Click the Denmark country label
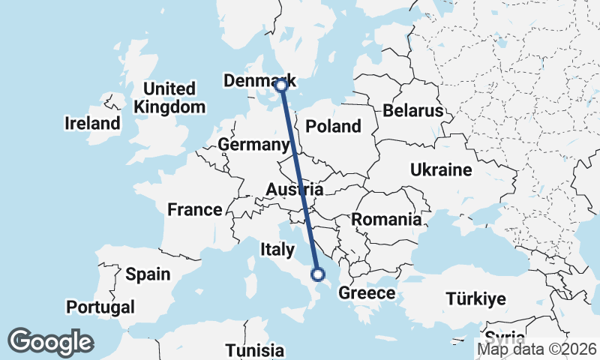click(259, 81)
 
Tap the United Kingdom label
click(169, 97)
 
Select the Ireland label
click(92, 123)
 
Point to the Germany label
click(253, 145)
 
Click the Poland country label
click(334, 127)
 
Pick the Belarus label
click(413, 111)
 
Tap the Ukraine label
click(441, 170)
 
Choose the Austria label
click(295, 190)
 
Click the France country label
click(194, 210)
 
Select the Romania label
click(386, 220)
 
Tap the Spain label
click(148, 274)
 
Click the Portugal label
click(100, 307)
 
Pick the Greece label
click(367, 292)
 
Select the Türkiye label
click(475, 298)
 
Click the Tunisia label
click(255, 350)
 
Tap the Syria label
click(505, 336)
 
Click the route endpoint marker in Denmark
click(281, 85)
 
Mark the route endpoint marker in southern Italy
click(317, 274)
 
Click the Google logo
click(50, 342)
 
